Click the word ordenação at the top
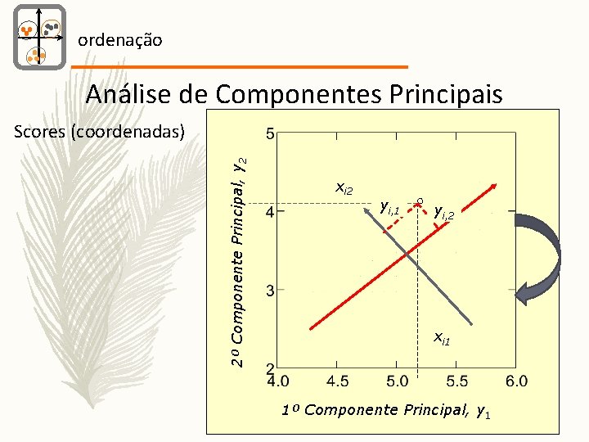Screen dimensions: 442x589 point(119,39)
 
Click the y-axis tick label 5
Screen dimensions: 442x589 point(271,133)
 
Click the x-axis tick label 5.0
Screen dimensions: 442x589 point(398,381)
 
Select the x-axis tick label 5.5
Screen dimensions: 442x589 point(457,381)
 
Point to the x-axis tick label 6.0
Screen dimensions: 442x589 point(516,381)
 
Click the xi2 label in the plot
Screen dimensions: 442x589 point(344,189)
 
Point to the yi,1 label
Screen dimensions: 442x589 point(389,209)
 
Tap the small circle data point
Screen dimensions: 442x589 point(419,200)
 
